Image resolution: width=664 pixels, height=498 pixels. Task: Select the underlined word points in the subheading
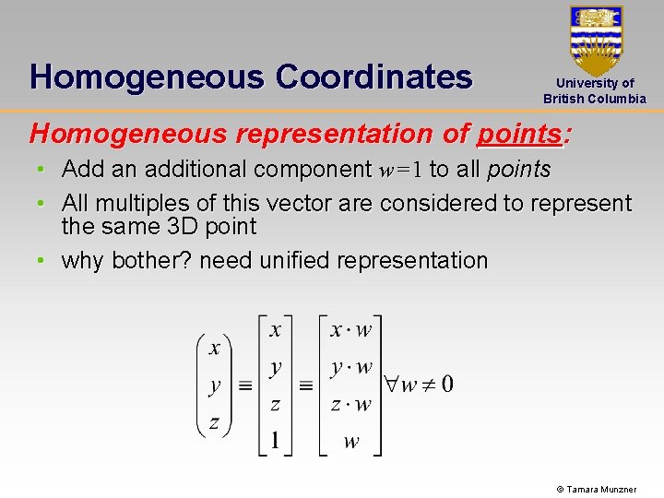(518, 134)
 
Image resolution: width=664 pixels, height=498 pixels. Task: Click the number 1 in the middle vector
(275, 440)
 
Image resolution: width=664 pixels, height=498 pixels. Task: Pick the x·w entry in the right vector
(350, 330)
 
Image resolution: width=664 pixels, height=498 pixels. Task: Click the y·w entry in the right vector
(350, 367)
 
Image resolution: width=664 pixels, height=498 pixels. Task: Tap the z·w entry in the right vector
(350, 404)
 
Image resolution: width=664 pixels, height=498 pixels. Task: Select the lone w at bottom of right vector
(350, 441)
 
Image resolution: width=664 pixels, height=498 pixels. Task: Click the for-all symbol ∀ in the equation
(390, 384)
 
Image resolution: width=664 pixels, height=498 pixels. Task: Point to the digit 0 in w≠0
(445, 384)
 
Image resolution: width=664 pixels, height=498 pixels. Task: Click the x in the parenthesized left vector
(214, 348)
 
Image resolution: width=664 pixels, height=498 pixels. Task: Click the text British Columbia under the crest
(595, 99)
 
